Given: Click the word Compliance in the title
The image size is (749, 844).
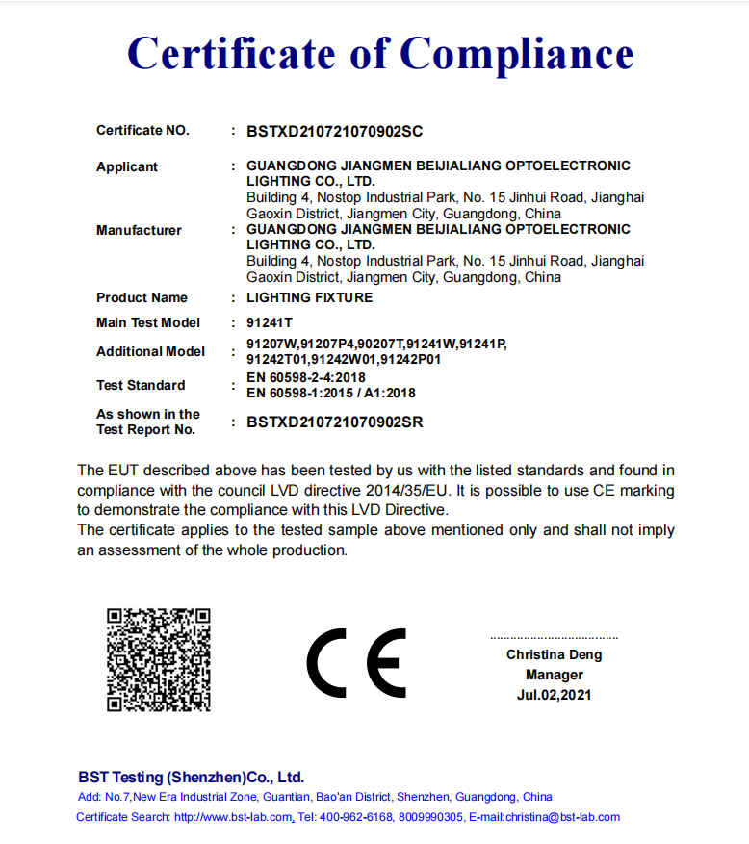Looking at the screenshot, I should [517, 53].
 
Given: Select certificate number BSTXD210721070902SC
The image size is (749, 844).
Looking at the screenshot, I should [334, 131].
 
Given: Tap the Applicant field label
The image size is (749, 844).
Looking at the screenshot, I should [126, 167].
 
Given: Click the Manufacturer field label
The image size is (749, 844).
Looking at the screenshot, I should [139, 230].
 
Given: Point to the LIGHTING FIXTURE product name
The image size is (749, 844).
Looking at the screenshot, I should [309, 298].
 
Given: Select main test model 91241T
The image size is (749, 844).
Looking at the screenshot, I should [270, 323].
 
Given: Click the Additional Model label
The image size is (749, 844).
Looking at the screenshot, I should [150, 351].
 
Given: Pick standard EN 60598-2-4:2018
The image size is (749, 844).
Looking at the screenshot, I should [306, 377].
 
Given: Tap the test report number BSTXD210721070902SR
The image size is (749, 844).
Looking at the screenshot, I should [334, 422].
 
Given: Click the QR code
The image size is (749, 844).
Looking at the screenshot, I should [159, 659].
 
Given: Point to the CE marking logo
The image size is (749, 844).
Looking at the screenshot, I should [356, 663].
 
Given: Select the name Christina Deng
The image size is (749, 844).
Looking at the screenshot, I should [554, 654].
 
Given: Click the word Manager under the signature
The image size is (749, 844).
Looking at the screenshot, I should [554, 675].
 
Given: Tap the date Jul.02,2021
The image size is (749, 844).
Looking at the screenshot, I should [554, 695].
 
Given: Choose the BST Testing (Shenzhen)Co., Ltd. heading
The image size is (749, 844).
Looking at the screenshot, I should [191, 777].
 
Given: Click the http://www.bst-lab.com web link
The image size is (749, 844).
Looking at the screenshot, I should [233, 817].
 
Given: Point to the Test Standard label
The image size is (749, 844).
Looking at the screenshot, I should [141, 385].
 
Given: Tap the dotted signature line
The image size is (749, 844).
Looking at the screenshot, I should [554, 637].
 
